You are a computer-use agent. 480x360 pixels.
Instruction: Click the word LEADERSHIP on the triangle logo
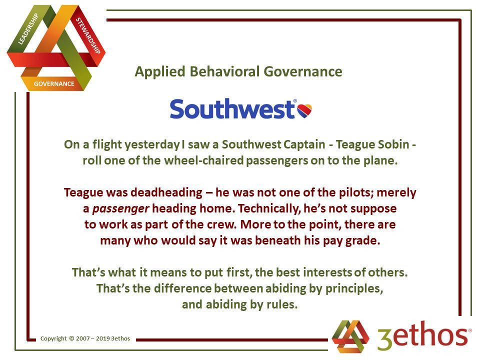pyautogui.click(x=28, y=29)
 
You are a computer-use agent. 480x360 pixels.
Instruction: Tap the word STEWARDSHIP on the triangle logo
pyautogui.click(x=88, y=35)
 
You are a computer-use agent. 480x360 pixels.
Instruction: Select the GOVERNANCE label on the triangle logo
pyautogui.click(x=54, y=84)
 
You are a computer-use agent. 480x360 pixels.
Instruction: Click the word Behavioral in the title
pyautogui.click(x=225, y=71)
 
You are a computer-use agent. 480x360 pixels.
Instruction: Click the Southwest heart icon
pyautogui.click(x=304, y=110)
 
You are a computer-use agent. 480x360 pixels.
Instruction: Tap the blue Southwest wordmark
pyautogui.click(x=232, y=108)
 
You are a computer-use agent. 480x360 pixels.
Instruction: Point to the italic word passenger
pyautogui.click(x=120, y=209)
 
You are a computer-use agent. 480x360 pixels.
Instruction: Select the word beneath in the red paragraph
pyautogui.click(x=277, y=240)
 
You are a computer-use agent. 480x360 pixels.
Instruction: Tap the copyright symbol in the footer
pyautogui.click(x=71, y=338)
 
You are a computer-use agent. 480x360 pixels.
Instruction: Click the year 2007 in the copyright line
pyautogui.click(x=82, y=338)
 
